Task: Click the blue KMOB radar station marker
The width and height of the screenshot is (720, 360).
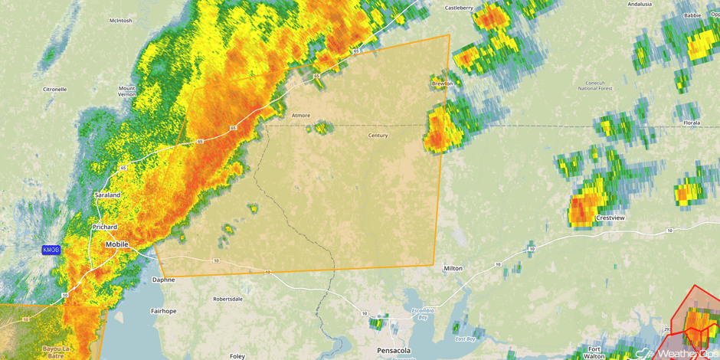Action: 51,250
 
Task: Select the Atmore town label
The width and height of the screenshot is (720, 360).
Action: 301,116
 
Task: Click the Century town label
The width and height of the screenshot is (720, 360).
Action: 378,136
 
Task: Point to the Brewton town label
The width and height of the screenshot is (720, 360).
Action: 443,83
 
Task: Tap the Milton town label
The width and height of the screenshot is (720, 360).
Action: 453,269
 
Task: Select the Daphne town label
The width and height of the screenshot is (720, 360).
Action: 163,280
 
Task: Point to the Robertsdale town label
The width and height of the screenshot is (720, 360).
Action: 229,299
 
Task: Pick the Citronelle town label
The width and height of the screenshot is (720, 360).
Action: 54,89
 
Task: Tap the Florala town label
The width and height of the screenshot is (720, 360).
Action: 692,123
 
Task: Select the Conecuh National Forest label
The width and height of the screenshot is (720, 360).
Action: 595,84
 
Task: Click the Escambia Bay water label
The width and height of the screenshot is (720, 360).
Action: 424,313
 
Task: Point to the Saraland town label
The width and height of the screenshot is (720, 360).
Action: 107,195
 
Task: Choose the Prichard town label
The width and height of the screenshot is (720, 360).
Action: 105,227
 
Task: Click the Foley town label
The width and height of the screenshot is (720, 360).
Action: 237,356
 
